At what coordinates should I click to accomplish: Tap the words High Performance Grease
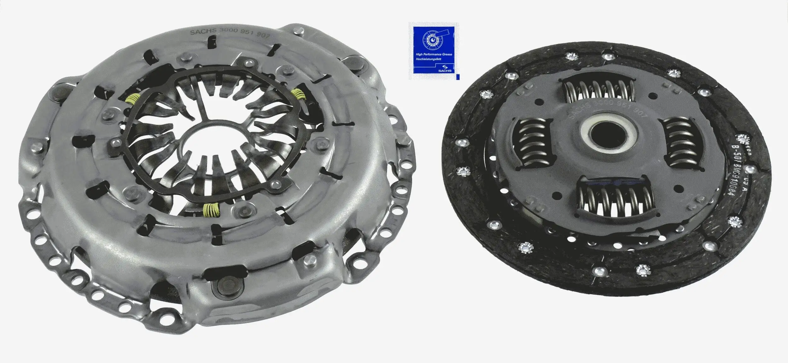(x=434, y=54)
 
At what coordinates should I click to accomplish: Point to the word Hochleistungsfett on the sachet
(x=429, y=59)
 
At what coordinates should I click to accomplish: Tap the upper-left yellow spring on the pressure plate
(x=132, y=99)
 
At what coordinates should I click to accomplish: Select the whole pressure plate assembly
(x=214, y=176)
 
